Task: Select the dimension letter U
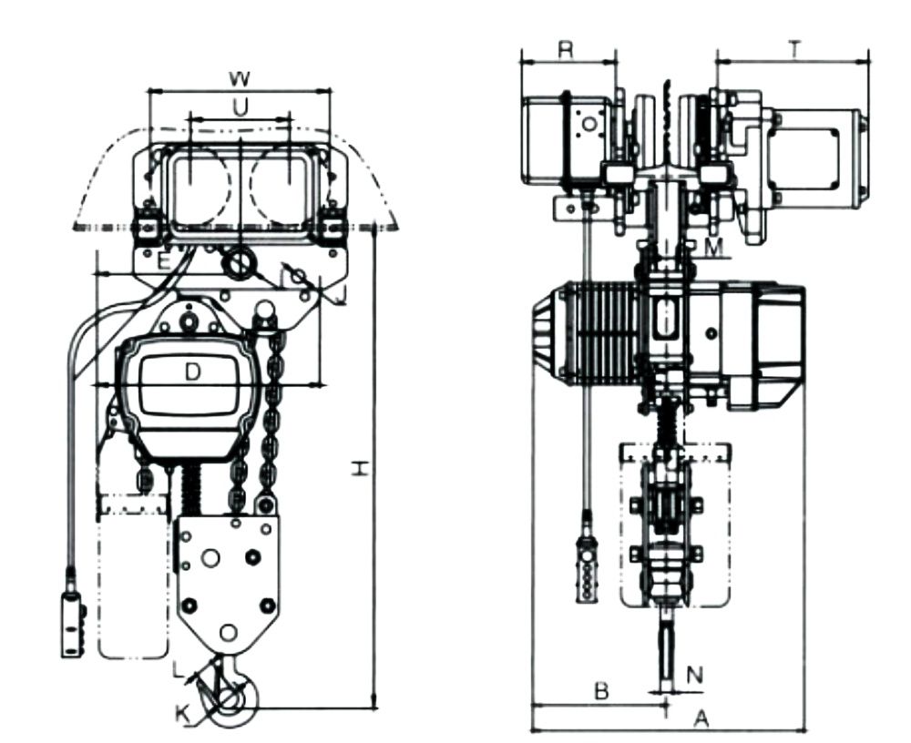point(240,107)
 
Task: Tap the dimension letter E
point(164,262)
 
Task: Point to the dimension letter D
point(193,371)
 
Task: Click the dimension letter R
point(566,51)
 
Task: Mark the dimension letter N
point(695,676)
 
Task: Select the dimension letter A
point(701,719)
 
